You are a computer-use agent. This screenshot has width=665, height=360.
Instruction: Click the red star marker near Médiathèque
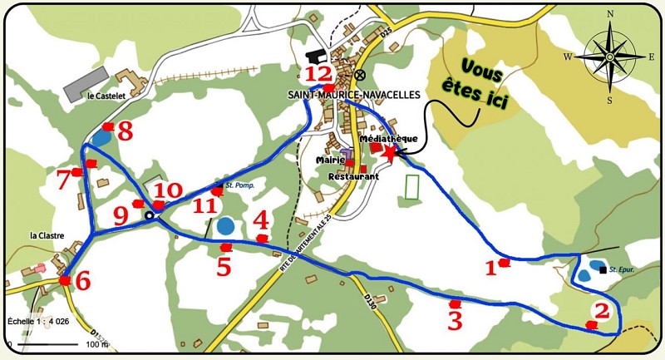[389, 151]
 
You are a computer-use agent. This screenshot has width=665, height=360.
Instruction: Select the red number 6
[82, 281]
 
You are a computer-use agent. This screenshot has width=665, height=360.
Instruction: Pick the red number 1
[490, 267]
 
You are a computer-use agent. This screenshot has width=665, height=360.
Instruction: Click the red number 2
[602, 311]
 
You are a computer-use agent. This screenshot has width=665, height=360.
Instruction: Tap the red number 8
[125, 131]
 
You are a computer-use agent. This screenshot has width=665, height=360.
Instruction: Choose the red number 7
[63, 178]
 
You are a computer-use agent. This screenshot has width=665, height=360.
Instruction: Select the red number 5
[223, 266]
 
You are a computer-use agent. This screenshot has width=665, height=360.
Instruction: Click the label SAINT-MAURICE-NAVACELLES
[356, 96]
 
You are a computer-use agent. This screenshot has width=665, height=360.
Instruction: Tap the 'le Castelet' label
[106, 96]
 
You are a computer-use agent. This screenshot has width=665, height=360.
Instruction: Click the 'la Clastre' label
[47, 235]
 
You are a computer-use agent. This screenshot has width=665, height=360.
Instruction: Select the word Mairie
[331, 160]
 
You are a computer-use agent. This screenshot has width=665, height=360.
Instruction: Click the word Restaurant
[353, 177]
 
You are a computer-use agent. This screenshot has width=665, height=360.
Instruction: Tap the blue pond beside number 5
[224, 224]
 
